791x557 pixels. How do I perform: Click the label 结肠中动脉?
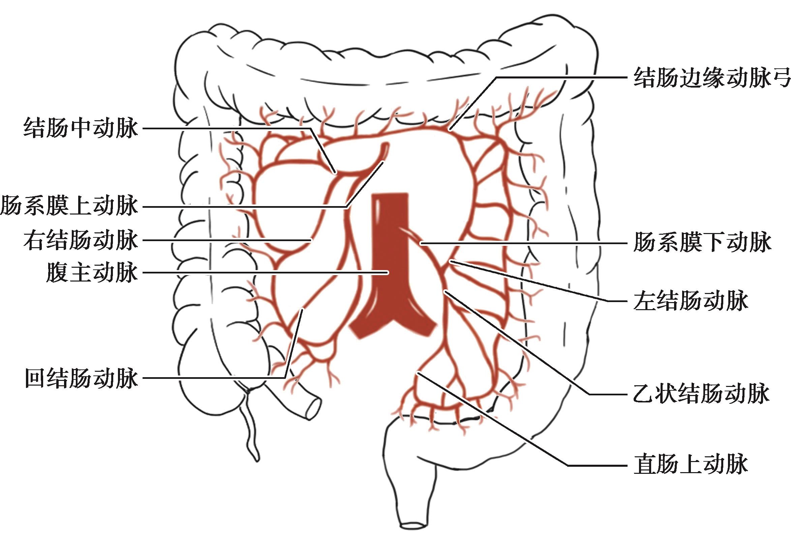click(81, 128)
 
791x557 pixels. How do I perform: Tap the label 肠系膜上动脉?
click(69, 207)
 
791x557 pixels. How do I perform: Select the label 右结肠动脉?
click(81, 240)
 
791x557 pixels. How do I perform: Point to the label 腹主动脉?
click(92, 273)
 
